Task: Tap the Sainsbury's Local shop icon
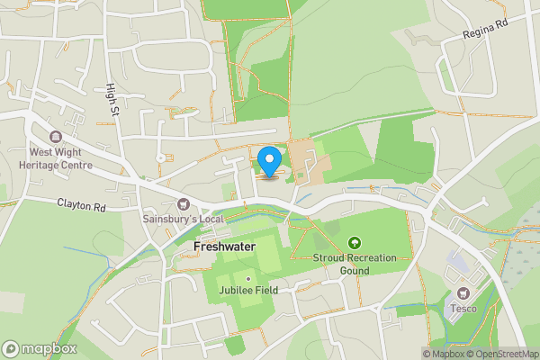click(x=184, y=204)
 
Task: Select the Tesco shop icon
click(x=463, y=293)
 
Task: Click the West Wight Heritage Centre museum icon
click(x=56, y=139)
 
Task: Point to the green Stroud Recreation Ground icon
click(x=355, y=243)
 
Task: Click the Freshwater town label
click(x=224, y=246)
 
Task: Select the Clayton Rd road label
click(x=82, y=205)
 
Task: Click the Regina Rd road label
click(x=486, y=33)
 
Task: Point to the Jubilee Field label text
click(x=248, y=290)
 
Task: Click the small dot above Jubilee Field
click(x=248, y=278)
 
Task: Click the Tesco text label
click(x=463, y=308)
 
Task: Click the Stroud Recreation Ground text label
click(x=355, y=263)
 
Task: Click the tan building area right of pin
click(x=308, y=160)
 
